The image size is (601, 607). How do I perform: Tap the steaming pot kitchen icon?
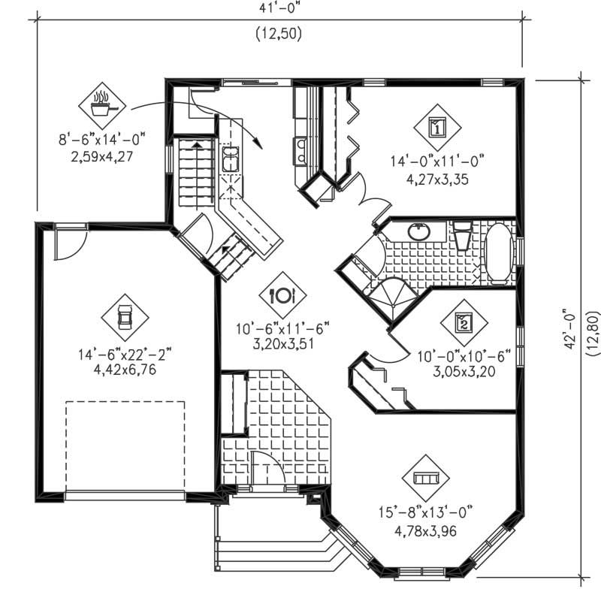point(102,105)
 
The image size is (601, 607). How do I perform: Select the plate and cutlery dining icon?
point(283,295)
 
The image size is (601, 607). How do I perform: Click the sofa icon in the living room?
point(425,479)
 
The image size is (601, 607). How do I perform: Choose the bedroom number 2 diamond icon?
point(464,324)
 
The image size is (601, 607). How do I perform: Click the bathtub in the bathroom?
point(497,252)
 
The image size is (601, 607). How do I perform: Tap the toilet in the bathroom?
point(462,236)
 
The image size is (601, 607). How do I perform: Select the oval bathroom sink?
point(420,232)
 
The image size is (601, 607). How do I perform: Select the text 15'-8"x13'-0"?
point(425,514)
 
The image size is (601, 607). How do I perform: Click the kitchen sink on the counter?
point(230,160)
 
